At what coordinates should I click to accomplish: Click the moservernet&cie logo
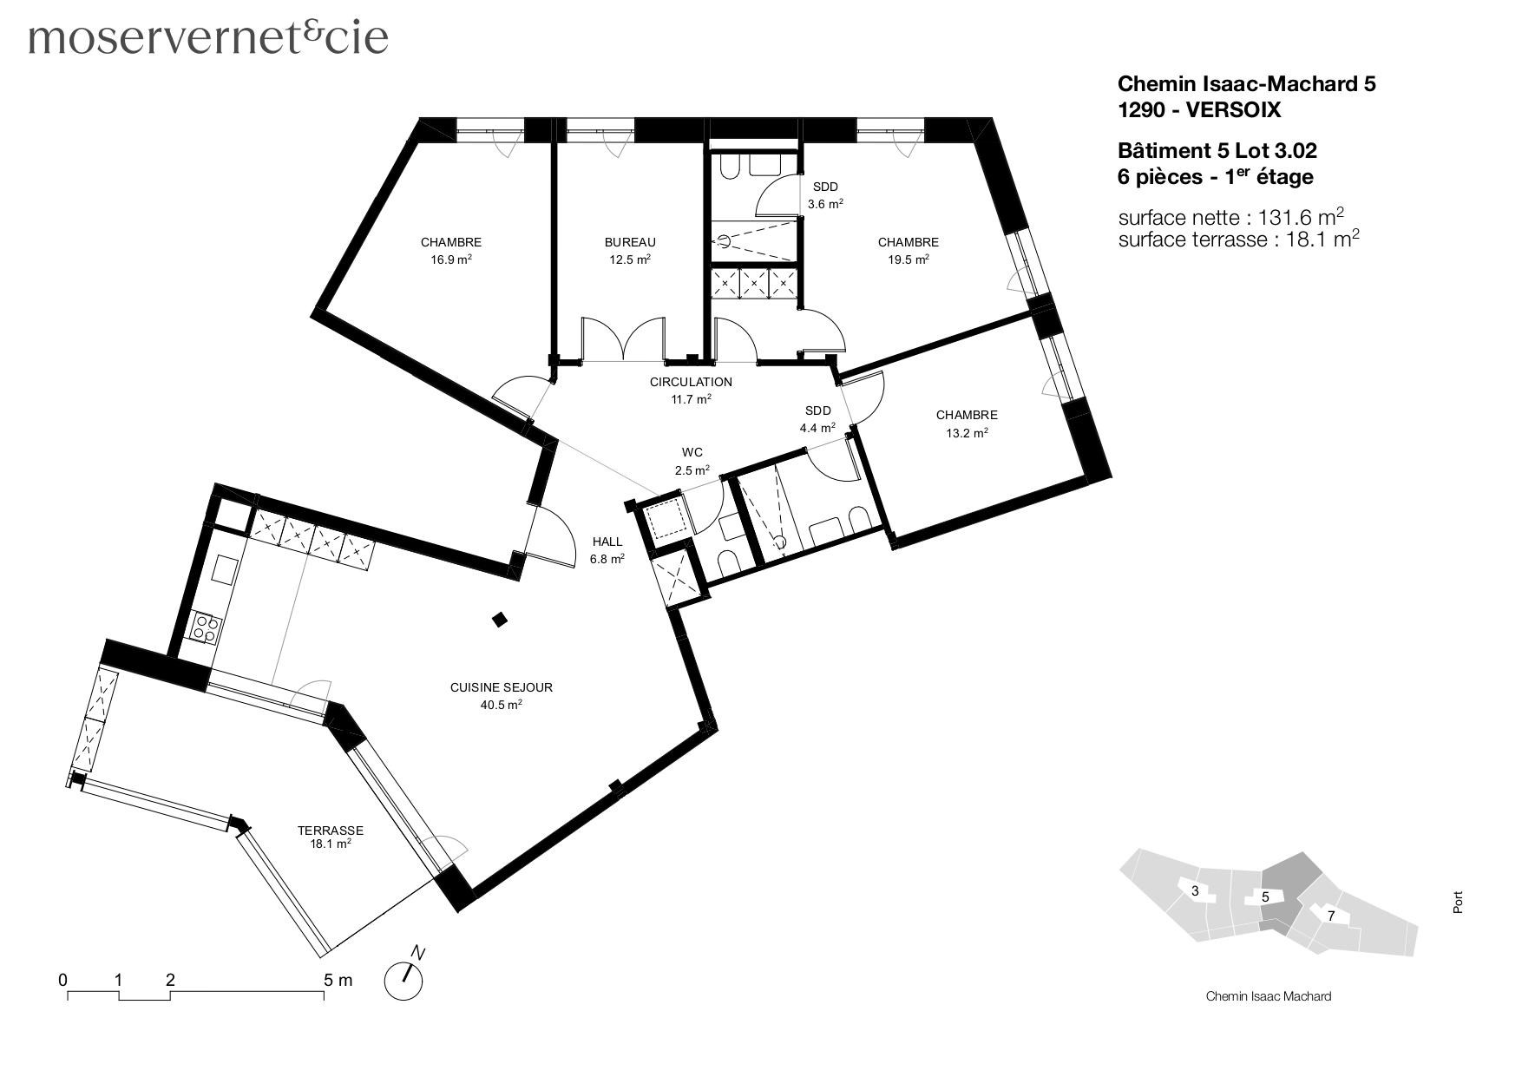pos(208,37)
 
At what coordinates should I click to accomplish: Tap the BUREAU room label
pos(629,242)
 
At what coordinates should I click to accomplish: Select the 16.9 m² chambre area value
pos(451,259)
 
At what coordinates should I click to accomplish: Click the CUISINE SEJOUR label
pos(501,687)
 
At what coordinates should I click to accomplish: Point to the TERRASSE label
pos(330,831)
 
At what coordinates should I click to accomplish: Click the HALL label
pos(607,542)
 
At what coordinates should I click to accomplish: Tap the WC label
pos(692,452)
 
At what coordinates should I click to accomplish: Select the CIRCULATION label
pos(691,382)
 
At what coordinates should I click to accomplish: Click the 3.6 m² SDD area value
pos(825,205)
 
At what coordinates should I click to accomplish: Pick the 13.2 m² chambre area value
pos(967,433)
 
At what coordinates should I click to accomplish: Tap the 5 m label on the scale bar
pos(338,981)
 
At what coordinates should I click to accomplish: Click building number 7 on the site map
pos(1330,916)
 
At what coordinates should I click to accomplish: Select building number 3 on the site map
pos(1195,891)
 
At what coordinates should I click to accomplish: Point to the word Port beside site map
pos(1458,903)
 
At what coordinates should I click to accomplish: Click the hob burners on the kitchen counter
pos(206,627)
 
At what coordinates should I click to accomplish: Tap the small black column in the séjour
pos(500,619)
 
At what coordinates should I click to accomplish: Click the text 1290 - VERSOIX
pos(1198,110)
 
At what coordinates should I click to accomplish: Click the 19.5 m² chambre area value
pos(908,259)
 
